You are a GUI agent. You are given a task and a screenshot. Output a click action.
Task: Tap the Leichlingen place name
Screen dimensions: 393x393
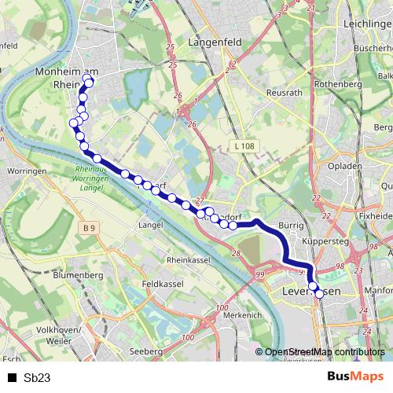tap(362, 25)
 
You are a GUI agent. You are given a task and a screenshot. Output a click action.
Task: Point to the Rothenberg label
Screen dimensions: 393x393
tap(336, 83)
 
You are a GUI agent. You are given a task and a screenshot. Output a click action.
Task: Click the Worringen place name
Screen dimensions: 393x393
tap(29, 171)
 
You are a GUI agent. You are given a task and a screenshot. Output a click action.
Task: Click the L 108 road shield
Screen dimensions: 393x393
tap(244, 146)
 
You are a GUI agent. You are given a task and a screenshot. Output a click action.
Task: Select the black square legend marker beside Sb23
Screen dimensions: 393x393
tap(11, 378)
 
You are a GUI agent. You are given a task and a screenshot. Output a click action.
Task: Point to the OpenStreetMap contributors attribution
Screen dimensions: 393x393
tap(324, 352)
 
